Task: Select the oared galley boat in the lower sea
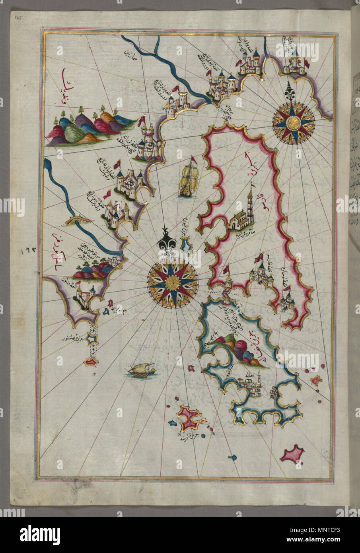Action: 140,371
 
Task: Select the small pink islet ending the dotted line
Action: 91,362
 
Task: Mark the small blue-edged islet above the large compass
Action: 186,245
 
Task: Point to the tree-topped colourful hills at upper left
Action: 89,124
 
